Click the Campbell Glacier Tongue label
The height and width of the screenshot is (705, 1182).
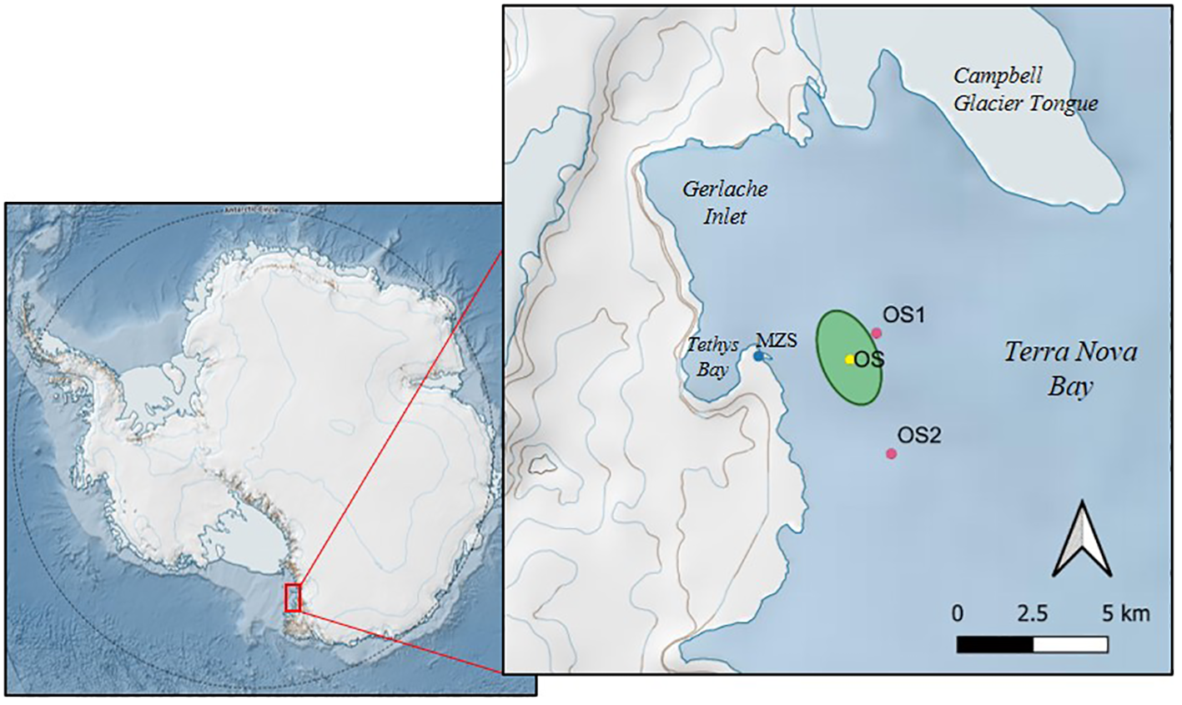1025,89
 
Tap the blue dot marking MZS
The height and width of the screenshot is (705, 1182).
758,356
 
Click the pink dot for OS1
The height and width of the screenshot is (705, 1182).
876,333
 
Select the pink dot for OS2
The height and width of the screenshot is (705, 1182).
891,454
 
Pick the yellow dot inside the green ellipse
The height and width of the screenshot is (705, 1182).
849,360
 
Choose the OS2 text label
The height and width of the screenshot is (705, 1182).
919,435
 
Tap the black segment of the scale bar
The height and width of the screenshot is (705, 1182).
994,645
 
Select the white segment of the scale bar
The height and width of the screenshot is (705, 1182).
1070,645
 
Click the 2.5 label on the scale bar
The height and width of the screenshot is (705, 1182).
1032,614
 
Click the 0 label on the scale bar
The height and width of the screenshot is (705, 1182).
958,614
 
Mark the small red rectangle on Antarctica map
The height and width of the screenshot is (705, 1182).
293,597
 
